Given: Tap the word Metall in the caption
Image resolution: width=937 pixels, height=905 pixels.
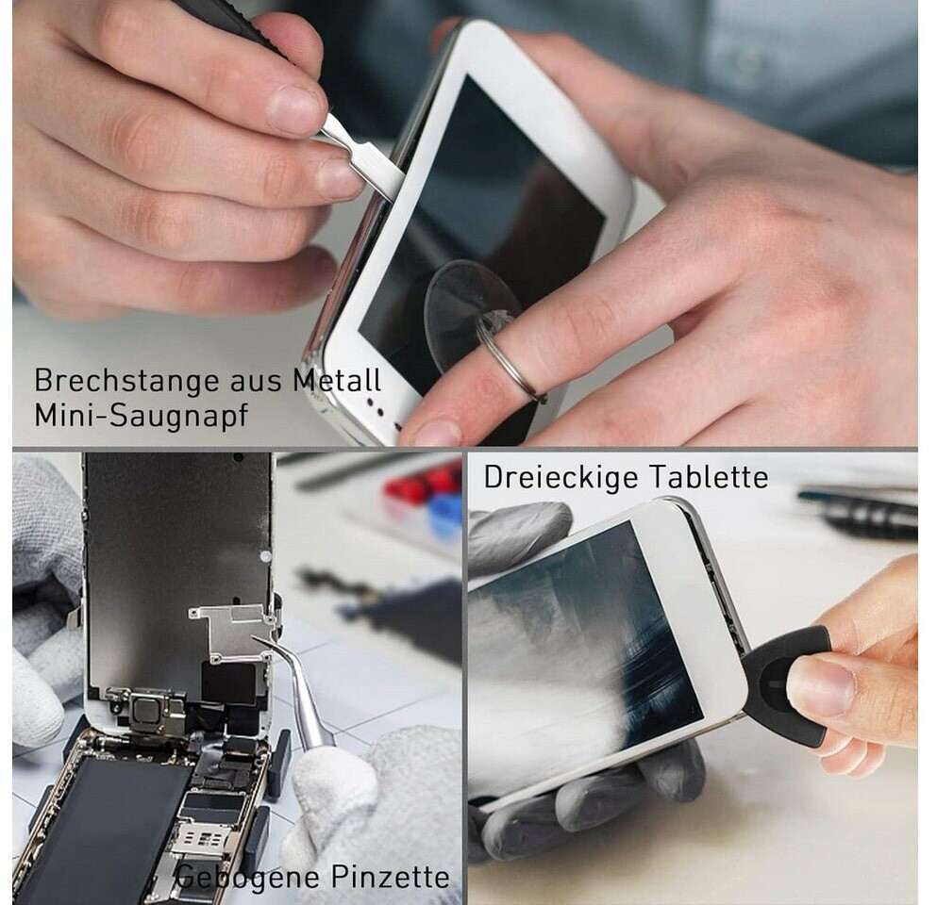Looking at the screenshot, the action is click(x=337, y=380).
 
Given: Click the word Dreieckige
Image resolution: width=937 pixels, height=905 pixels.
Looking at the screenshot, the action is click(x=561, y=478).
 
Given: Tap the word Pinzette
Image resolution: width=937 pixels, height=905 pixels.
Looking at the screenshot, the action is click(x=391, y=877).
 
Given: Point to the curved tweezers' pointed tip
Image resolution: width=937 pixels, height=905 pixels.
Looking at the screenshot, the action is click(x=254, y=638).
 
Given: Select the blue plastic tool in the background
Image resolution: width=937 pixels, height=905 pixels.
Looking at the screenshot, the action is click(x=445, y=515).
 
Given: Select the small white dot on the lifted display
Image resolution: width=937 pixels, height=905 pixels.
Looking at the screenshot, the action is click(x=265, y=556).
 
